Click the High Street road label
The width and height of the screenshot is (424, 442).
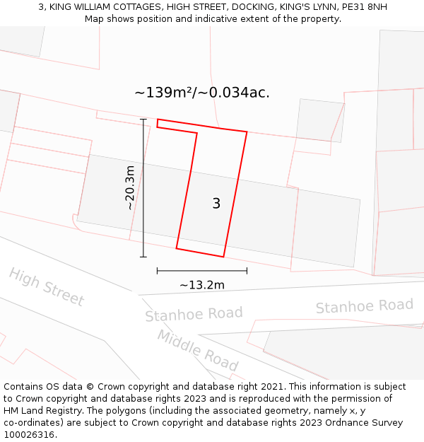47,287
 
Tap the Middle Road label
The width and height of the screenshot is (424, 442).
197,350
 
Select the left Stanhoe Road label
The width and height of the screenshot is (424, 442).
194,314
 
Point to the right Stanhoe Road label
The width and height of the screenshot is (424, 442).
364,306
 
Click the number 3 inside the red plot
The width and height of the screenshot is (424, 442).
216,204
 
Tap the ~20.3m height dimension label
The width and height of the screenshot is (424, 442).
129,187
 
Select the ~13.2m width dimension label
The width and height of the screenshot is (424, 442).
202,285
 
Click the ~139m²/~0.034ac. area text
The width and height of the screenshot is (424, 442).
202,93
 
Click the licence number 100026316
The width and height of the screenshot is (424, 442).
29,435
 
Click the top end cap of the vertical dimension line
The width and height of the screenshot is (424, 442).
143,120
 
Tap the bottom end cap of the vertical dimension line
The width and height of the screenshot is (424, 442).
143,257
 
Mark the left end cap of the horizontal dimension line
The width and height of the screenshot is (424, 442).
157,270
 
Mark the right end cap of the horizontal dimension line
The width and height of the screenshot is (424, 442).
247,270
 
